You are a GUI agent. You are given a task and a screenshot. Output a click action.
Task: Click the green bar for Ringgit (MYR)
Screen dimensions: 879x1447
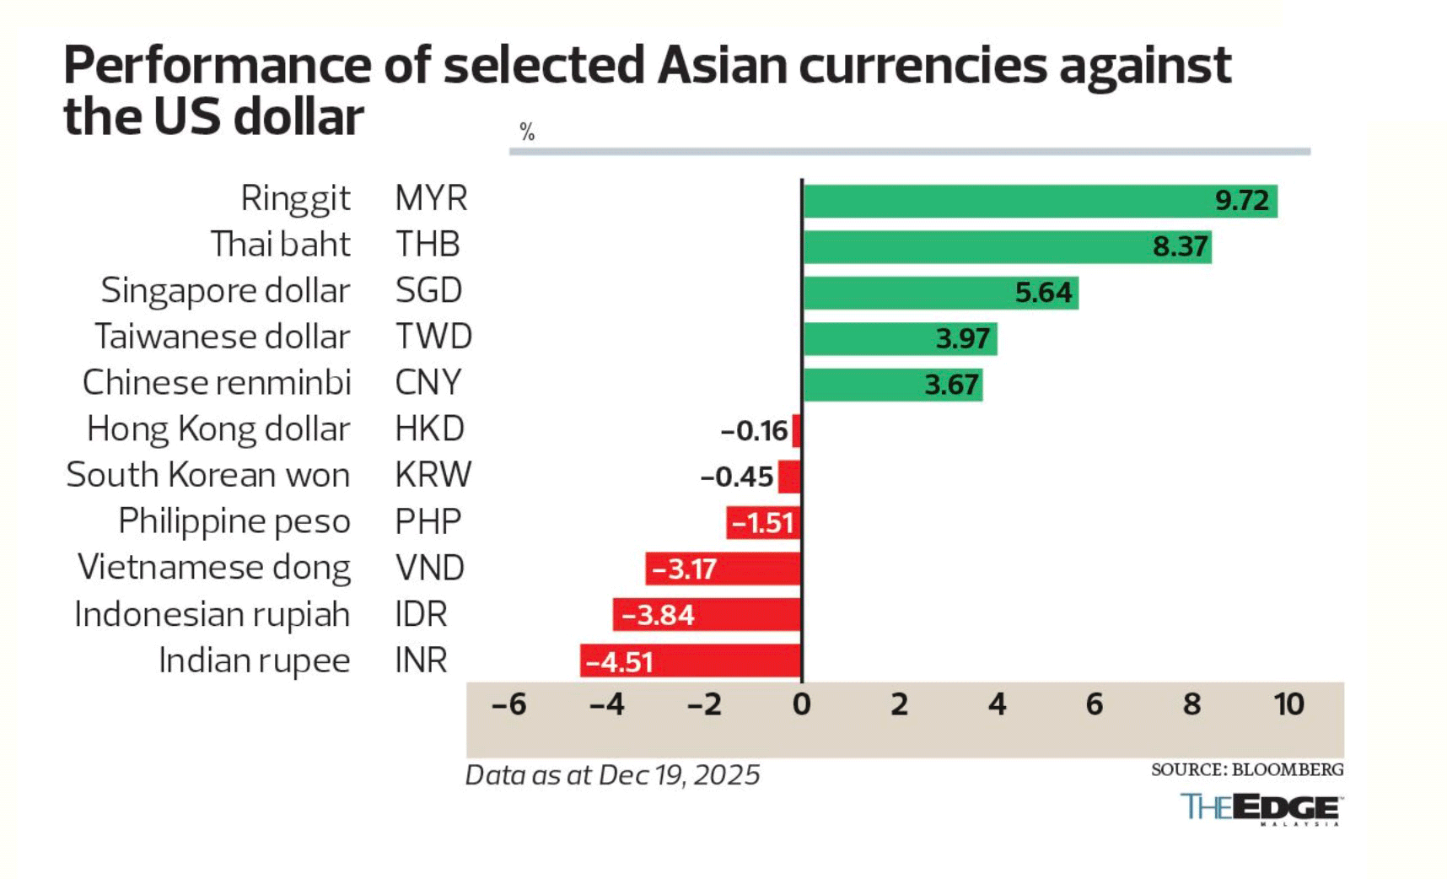click(1012, 201)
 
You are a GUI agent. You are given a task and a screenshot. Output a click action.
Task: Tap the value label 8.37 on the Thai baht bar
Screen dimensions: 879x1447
click(1180, 246)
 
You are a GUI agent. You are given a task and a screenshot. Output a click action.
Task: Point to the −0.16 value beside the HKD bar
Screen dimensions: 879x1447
click(754, 431)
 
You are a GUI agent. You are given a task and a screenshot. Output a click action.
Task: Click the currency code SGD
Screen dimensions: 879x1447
click(428, 290)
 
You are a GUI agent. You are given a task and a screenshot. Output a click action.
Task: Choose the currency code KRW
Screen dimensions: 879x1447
click(433, 475)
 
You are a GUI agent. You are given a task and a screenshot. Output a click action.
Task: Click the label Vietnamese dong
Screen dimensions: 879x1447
click(214, 568)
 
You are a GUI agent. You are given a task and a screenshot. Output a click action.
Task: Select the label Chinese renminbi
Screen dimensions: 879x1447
click(217, 383)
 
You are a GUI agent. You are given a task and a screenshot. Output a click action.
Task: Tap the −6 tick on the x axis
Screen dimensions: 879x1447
click(508, 704)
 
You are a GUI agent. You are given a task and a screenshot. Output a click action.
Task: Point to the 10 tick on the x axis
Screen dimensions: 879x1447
click(1288, 704)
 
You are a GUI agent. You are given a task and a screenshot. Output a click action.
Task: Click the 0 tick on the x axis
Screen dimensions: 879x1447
click(801, 704)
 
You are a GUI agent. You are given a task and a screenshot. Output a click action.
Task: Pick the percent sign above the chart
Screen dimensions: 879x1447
click(527, 132)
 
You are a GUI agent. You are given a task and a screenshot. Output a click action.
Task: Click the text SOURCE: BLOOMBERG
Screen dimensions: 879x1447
click(1246, 769)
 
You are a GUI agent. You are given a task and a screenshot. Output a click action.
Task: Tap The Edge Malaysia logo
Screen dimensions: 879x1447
click(1261, 808)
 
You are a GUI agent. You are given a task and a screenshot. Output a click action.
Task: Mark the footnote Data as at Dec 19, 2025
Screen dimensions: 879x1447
click(612, 775)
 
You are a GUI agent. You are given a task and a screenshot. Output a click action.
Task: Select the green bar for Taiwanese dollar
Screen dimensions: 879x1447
click(899, 339)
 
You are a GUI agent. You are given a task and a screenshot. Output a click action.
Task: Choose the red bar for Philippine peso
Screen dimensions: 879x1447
click(762, 523)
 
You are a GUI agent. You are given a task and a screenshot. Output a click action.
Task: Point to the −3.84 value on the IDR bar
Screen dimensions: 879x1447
click(658, 615)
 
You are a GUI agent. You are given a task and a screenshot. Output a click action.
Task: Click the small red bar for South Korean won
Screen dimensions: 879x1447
click(789, 477)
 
